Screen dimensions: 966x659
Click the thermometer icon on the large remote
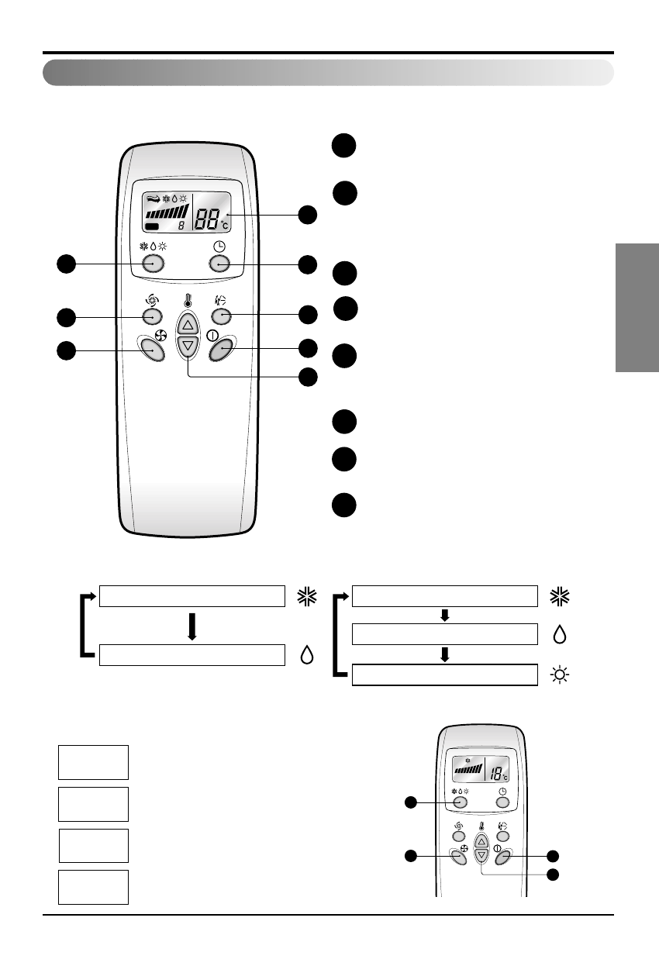186,302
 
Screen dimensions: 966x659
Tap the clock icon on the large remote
220,247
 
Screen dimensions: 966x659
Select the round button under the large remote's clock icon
220,264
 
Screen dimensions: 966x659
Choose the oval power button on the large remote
222,350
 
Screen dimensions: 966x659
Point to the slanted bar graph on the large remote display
167,212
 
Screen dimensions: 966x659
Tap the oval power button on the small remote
502,857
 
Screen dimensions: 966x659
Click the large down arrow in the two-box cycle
191,626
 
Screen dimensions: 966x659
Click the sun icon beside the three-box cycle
559,675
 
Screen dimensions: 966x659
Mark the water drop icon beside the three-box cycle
559,634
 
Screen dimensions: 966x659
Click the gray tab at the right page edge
637,308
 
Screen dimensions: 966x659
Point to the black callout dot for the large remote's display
309,216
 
